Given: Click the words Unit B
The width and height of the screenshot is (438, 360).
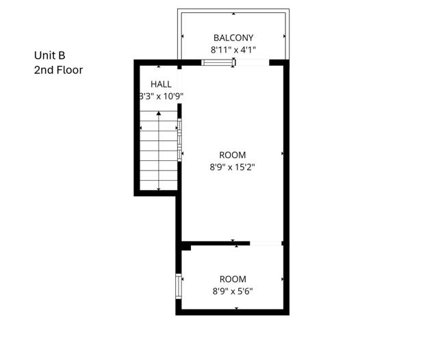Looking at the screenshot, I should click(x=50, y=55).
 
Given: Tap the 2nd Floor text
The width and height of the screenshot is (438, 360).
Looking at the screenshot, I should click(x=58, y=69).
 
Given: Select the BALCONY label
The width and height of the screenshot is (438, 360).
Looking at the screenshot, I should click(x=233, y=38).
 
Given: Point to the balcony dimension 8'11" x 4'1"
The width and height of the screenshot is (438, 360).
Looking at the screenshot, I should click(x=233, y=49).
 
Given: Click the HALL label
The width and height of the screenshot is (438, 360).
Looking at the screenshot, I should click(x=151, y=84).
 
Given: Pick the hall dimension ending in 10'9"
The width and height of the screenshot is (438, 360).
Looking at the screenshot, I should click(x=161, y=97).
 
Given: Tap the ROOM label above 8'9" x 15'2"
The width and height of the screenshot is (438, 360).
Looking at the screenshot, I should click(x=232, y=155).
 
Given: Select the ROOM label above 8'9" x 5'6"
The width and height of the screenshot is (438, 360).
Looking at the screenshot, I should click(x=233, y=279).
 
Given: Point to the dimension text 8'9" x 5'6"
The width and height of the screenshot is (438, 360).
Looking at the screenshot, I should click(x=233, y=290).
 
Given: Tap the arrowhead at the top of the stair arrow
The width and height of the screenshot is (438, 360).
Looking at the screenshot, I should click(x=159, y=114).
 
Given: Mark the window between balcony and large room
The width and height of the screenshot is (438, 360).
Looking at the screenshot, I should click(x=218, y=63).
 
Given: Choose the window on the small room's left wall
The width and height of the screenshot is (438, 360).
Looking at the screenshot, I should click(x=179, y=285).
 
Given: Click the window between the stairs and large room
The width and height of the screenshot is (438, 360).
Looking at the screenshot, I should click(x=179, y=141).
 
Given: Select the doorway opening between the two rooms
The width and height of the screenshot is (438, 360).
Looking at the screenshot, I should click(x=266, y=243).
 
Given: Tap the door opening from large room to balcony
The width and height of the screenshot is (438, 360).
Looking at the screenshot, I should click(x=252, y=63).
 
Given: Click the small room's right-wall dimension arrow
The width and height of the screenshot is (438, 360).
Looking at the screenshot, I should click(x=283, y=279).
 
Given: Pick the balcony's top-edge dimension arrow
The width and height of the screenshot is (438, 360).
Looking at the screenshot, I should click(x=233, y=13).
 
